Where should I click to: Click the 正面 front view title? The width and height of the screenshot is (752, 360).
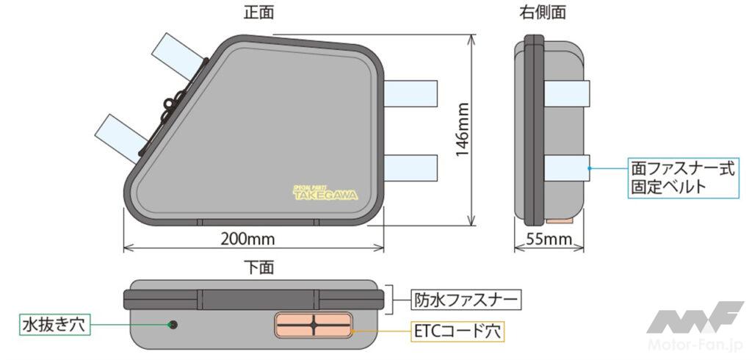tap(258, 12)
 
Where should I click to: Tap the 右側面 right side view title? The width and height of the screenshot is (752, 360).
tap(543, 12)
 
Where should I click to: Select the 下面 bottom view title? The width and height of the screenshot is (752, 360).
tap(259, 268)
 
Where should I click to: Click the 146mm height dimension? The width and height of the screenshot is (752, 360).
tap(462, 129)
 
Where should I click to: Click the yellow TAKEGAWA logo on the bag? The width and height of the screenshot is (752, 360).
tap(325, 192)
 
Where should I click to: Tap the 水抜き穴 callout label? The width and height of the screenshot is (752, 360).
tap(54, 325)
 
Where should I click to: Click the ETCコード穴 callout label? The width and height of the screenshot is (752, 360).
tap(458, 331)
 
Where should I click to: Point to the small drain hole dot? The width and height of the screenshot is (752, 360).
tap(173, 325)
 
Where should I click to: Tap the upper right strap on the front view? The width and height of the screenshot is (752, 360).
tap(411, 93)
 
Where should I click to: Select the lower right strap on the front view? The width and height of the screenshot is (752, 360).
tap(411, 168)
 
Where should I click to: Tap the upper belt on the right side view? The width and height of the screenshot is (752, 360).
tap(567, 93)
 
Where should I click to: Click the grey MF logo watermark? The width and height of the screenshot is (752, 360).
tap(695, 318)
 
